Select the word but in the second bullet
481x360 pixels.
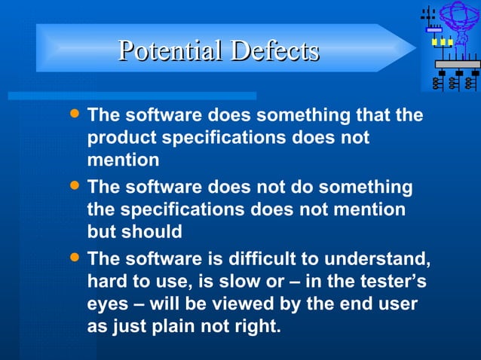pyautogui.click(x=102, y=232)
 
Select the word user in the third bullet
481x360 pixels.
pyautogui.click(x=399, y=305)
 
